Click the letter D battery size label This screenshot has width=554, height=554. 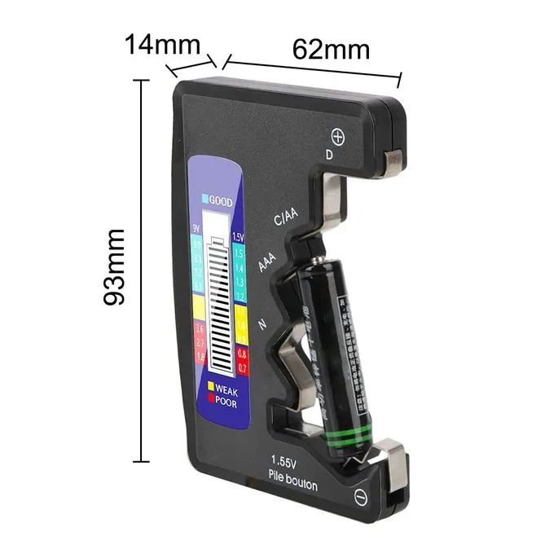329,153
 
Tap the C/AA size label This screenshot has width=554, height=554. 285,218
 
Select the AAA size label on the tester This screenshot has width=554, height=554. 266,262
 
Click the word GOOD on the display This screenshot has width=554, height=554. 221,200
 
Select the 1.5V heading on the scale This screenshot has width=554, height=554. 238,237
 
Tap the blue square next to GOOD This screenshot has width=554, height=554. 204,200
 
